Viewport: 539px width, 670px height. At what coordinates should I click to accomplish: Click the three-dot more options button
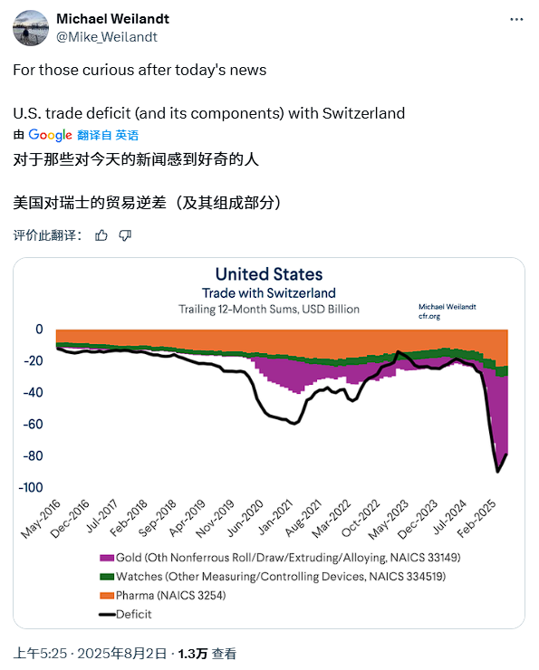pyautogui.click(x=516, y=20)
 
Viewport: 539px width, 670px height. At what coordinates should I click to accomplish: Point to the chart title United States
pyautogui.click(x=268, y=274)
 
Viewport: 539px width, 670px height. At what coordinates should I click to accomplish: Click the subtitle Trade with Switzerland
pyautogui.click(x=268, y=293)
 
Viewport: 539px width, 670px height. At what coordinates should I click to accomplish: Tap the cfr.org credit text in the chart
pyautogui.click(x=430, y=317)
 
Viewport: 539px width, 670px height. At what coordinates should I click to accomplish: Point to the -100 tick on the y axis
pyautogui.click(x=32, y=487)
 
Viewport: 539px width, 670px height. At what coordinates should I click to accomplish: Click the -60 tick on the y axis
pyautogui.click(x=34, y=424)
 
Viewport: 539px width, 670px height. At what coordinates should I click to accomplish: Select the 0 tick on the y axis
pyautogui.click(x=40, y=329)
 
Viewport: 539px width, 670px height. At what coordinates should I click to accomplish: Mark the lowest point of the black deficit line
pyautogui.click(x=497, y=471)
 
